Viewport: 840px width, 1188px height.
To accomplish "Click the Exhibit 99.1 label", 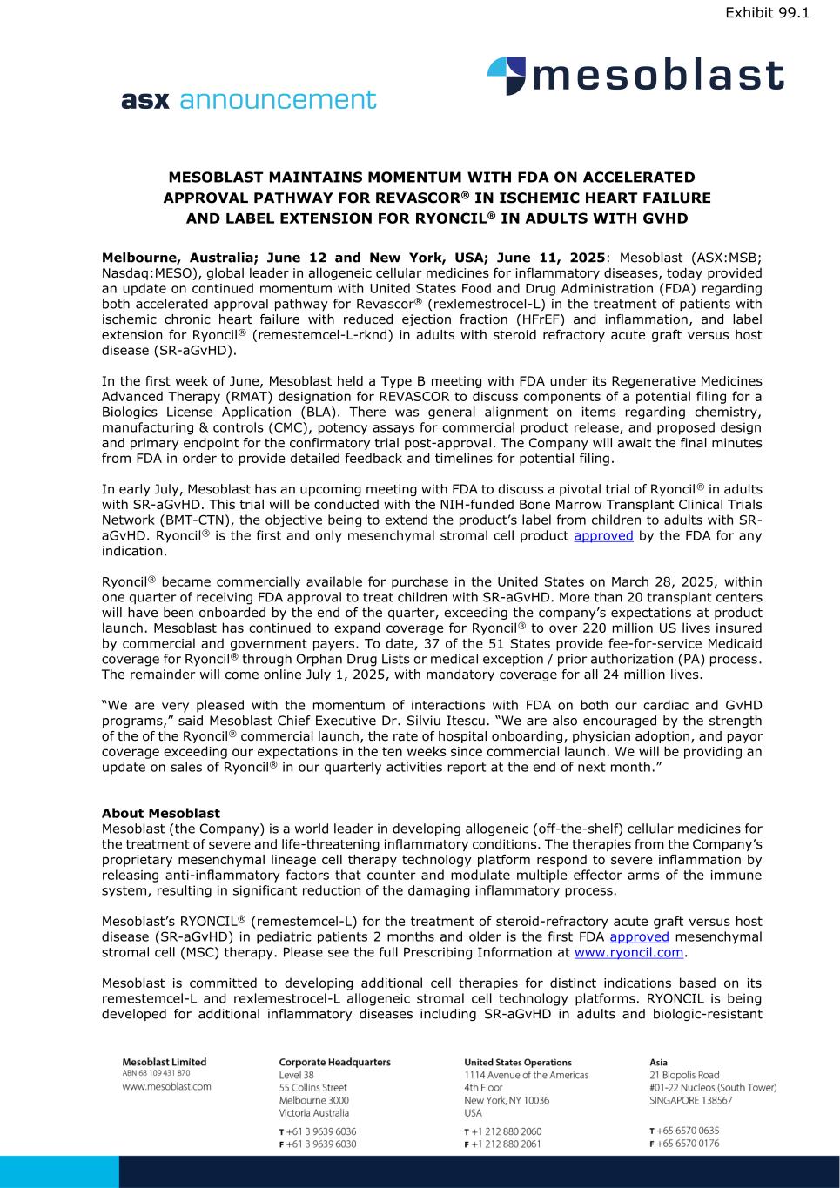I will tap(767, 14).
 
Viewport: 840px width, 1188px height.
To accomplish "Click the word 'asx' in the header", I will tap(145, 100).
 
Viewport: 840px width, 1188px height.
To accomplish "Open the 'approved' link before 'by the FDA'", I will tap(603, 536).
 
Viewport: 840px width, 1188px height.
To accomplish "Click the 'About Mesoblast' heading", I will tap(160, 814).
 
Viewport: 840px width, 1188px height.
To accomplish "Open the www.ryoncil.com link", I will tap(628, 953).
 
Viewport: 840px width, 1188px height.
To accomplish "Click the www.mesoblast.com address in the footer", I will tap(166, 1086).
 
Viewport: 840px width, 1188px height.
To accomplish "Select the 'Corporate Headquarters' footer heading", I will tap(334, 1062).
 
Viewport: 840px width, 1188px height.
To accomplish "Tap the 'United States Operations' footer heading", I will tap(518, 1062).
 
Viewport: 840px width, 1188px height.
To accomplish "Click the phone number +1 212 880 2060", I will tap(507, 1131).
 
